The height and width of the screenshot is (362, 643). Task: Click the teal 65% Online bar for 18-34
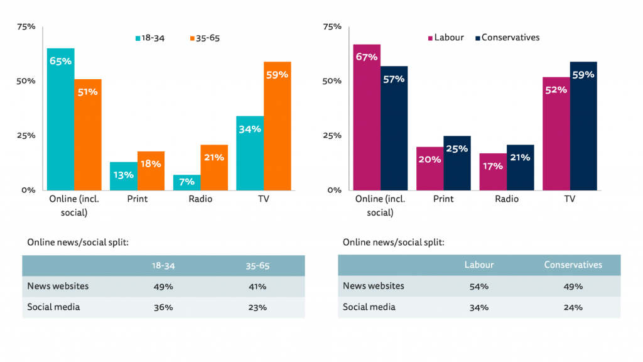tap(61, 119)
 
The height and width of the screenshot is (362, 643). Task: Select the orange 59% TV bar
tap(277, 126)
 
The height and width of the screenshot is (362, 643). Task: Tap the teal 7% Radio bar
tap(186, 182)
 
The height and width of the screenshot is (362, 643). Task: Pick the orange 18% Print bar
tap(151, 170)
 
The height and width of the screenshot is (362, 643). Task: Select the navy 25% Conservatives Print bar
tap(457, 163)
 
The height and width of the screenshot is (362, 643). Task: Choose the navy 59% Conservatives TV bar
tap(583, 126)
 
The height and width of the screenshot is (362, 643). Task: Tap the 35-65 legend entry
tap(204, 38)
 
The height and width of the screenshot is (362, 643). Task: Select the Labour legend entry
tap(445, 38)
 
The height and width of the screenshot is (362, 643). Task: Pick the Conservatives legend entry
tap(507, 38)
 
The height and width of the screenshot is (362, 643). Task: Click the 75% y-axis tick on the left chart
tap(26, 27)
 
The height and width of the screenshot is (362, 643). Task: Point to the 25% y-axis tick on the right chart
tap(332, 136)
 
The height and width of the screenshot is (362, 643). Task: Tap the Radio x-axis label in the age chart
tap(200, 199)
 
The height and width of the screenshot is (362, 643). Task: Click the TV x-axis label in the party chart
tap(570, 199)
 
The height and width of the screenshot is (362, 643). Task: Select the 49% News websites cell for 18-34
tap(163, 287)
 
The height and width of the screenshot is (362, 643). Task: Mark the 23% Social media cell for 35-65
tap(257, 308)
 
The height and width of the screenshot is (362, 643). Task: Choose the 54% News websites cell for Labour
tap(479, 287)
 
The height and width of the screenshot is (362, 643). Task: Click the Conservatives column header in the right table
tap(573, 265)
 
